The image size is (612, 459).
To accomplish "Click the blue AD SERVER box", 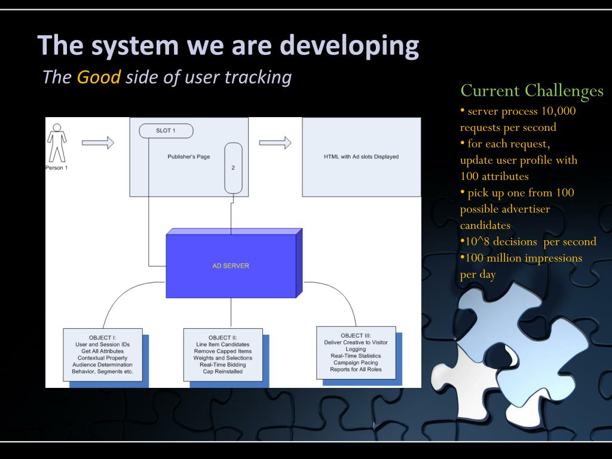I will pyautogui.click(x=231, y=266).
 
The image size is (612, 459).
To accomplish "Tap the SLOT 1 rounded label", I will pyautogui.click(x=166, y=130).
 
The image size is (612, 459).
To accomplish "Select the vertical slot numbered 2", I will pyautogui.click(x=232, y=168).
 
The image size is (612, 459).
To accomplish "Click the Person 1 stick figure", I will pyautogui.click(x=57, y=143).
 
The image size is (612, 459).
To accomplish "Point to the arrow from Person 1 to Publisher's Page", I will pyautogui.click(x=97, y=143).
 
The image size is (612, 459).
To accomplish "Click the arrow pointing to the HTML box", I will pyautogui.click(x=275, y=143).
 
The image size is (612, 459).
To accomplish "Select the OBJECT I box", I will pyautogui.click(x=103, y=354).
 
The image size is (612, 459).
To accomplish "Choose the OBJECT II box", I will pyautogui.click(x=223, y=354).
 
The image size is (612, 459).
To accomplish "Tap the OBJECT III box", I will pyautogui.click(x=356, y=352).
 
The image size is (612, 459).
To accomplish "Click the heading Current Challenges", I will pyautogui.click(x=532, y=91).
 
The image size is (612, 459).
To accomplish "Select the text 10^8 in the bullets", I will pyautogui.click(x=476, y=241).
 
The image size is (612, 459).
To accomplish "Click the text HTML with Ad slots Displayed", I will pyautogui.click(x=360, y=157).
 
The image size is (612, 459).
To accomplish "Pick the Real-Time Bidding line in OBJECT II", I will pyautogui.click(x=223, y=364).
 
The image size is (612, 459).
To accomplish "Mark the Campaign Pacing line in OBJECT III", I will pyautogui.click(x=356, y=362).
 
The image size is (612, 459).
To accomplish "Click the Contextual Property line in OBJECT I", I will pyautogui.click(x=103, y=357).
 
